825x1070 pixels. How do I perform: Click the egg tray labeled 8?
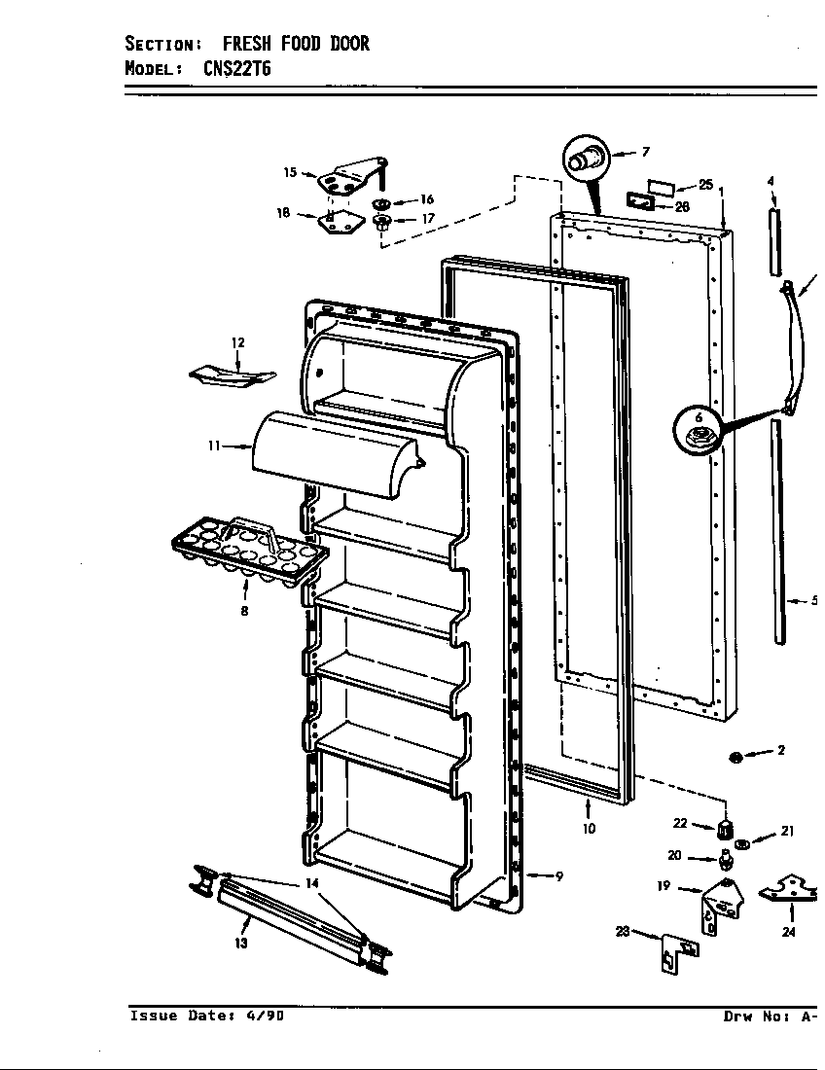248,550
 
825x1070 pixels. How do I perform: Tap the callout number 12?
237,342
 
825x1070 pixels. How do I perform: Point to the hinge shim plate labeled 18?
335,222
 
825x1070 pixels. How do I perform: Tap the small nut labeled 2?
736,757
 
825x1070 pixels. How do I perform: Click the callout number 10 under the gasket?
589,830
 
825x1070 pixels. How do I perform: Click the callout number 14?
311,883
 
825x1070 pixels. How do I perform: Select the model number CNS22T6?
244,68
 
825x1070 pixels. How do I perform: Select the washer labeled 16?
381,202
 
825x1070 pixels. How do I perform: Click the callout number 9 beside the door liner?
559,876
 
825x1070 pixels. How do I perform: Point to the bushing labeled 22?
723,830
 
